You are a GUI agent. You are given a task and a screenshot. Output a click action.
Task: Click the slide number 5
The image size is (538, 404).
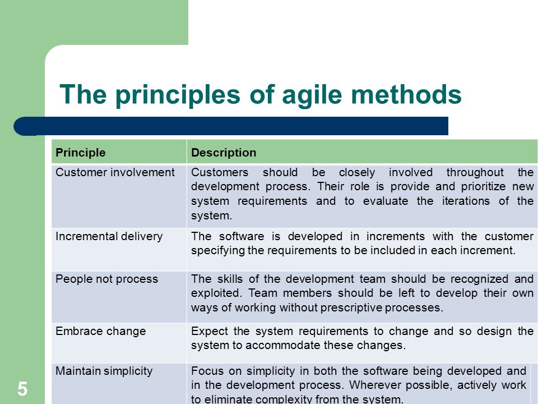point(22,389)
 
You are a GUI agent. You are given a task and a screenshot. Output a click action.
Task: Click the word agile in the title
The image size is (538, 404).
point(312,95)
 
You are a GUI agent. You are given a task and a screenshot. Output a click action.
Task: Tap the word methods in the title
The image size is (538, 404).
point(406,94)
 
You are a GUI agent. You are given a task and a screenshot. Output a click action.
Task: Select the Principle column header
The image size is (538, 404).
point(80,153)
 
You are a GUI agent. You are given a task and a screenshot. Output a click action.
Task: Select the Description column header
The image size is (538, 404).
point(224,153)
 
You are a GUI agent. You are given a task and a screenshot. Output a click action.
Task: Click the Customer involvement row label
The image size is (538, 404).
point(115,172)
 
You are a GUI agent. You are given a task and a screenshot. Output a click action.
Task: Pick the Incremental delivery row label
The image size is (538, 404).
point(109,237)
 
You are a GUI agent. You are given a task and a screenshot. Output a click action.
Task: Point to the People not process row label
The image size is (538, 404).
point(106,279)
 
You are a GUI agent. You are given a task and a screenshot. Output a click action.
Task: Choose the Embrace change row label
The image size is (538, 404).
point(100,331)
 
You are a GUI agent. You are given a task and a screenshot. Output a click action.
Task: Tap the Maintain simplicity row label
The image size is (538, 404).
point(104,371)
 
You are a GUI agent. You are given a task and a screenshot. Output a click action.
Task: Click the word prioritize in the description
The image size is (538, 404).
point(483,186)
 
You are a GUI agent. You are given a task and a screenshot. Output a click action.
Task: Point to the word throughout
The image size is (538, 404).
point(475,172)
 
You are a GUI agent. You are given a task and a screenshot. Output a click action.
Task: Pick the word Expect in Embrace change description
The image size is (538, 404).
point(209,331)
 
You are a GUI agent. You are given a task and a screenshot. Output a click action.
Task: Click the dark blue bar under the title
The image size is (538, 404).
point(231,126)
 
